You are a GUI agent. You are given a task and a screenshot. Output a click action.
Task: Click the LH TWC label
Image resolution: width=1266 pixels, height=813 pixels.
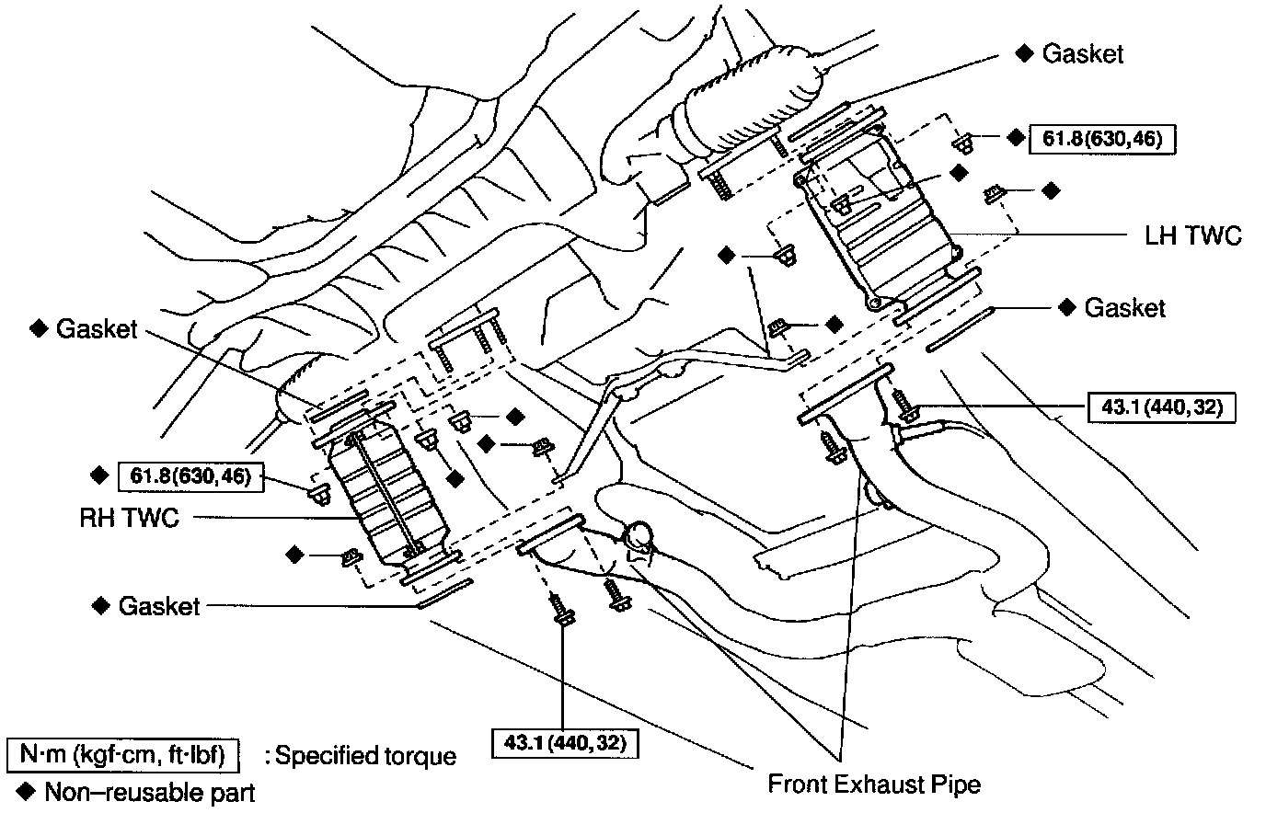pyautogui.click(x=1192, y=235)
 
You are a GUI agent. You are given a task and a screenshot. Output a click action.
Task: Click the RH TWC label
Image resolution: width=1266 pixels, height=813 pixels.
pyautogui.click(x=129, y=518)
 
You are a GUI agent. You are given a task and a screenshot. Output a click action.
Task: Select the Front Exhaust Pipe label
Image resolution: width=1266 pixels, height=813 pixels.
pyautogui.click(x=874, y=784)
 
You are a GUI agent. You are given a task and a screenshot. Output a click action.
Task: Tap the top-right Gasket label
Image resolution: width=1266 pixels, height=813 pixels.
pyautogui.click(x=1082, y=54)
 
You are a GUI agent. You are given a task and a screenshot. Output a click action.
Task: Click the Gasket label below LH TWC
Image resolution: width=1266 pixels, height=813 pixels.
pyautogui.click(x=1124, y=307)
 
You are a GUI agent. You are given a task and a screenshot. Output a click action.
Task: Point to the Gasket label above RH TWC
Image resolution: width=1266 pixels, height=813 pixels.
pyautogui.click(x=96, y=328)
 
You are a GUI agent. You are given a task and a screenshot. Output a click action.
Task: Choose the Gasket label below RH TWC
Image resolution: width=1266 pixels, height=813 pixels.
pyautogui.click(x=158, y=606)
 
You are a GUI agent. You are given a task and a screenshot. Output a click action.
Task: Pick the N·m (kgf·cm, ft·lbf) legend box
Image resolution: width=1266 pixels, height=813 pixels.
pyautogui.click(x=123, y=755)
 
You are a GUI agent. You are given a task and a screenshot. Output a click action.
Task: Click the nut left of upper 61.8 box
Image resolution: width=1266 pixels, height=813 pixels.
pyautogui.click(x=963, y=143)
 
